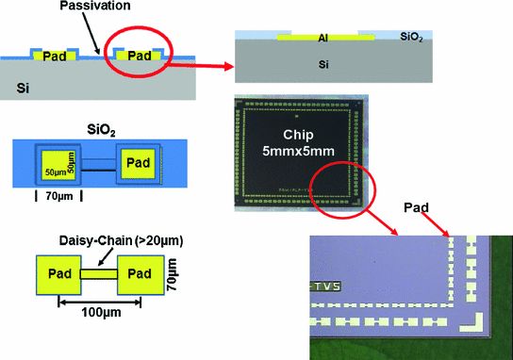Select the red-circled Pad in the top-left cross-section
(140, 57)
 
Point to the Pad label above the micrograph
(417, 205)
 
